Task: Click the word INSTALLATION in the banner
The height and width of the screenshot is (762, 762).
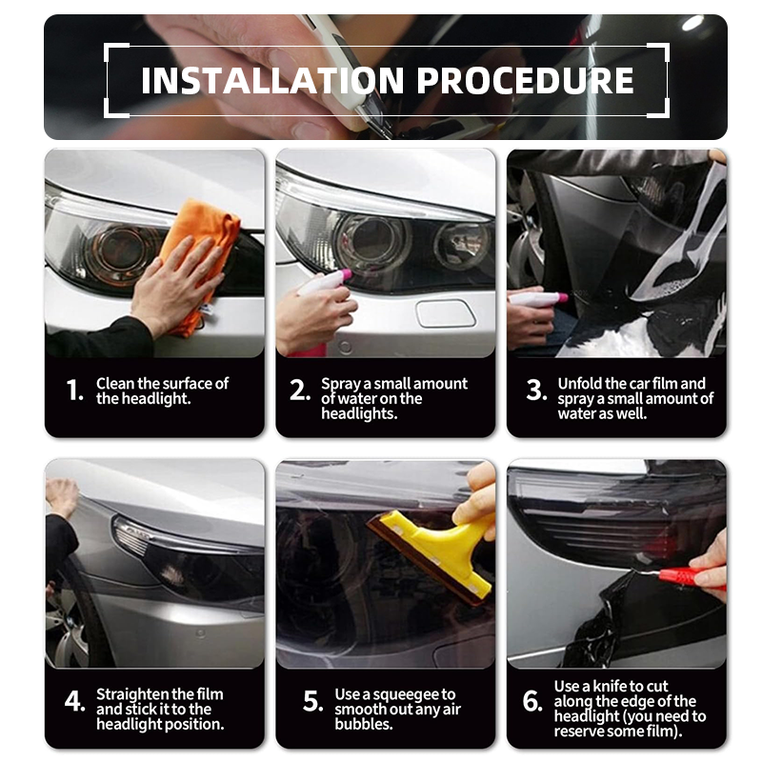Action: pos(272,80)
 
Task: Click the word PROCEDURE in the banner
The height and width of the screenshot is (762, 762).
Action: pos(526,80)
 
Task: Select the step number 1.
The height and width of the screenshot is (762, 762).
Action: pos(74,391)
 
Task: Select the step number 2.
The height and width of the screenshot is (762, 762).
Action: pos(299,391)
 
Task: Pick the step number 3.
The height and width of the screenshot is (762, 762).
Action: pos(536,391)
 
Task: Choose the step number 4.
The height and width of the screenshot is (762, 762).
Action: pos(74,701)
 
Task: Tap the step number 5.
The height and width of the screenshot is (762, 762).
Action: pos(312,701)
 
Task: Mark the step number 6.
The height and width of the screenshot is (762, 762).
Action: pos(532,701)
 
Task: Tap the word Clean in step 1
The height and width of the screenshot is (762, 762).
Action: pos(115,384)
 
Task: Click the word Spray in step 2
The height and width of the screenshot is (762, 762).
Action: pos(340,385)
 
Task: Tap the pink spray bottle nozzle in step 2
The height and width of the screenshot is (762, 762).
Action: pos(345,274)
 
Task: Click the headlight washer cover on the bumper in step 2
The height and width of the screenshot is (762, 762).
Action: pos(445,313)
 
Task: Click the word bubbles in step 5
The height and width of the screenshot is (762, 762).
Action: pos(363,724)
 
